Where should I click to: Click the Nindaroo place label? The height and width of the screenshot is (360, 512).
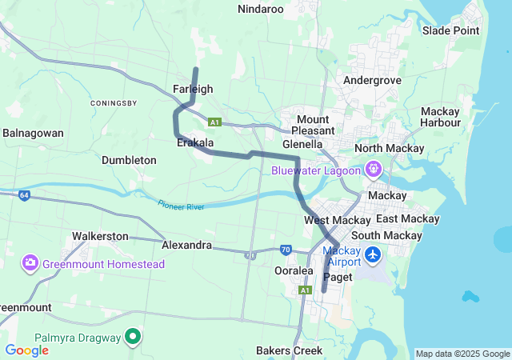(x=261, y=9)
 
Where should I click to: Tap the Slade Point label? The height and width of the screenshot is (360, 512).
(x=450, y=30)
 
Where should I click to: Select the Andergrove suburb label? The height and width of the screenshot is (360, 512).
(x=371, y=80)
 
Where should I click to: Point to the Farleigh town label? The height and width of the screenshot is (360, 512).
(x=193, y=89)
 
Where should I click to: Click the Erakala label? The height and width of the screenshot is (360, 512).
(x=194, y=143)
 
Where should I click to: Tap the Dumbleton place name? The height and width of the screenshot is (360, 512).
(x=129, y=160)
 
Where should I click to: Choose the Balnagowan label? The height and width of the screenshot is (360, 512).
(x=33, y=133)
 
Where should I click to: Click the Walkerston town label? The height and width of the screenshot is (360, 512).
(x=100, y=236)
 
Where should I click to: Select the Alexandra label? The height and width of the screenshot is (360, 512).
(x=186, y=244)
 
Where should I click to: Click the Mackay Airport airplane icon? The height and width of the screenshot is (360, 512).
(x=372, y=255)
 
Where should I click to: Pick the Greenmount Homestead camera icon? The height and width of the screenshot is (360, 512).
(x=31, y=263)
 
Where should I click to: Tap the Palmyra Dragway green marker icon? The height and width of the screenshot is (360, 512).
(x=134, y=337)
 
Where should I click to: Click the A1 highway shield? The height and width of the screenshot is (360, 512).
(x=214, y=122)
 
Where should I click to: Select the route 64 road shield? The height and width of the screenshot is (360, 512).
(x=25, y=194)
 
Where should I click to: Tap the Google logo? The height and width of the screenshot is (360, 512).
(x=26, y=350)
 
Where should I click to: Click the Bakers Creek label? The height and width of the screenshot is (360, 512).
(x=289, y=350)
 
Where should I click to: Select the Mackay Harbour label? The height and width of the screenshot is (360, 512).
(x=440, y=117)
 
